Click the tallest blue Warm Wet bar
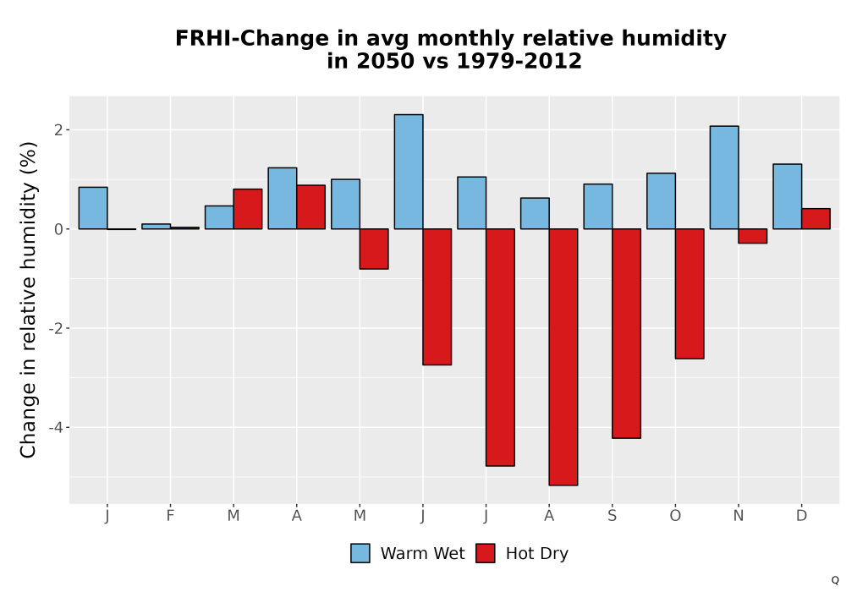point(409,172)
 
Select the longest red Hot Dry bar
point(563,357)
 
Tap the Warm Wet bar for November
point(724,178)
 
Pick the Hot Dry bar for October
point(689,293)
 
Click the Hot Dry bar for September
point(626,333)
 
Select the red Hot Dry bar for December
point(816,218)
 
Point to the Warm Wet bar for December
point(787,196)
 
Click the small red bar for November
point(753,236)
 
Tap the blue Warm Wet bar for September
point(598,206)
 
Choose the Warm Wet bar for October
point(661,201)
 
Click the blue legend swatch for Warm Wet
point(360,553)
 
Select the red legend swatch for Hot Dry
point(486,553)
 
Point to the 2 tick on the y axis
point(58,130)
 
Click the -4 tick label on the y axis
point(56,428)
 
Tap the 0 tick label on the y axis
point(58,229)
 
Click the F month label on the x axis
point(170,516)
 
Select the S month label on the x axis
point(612,516)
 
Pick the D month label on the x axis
point(801,516)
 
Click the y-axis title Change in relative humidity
point(28,299)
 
